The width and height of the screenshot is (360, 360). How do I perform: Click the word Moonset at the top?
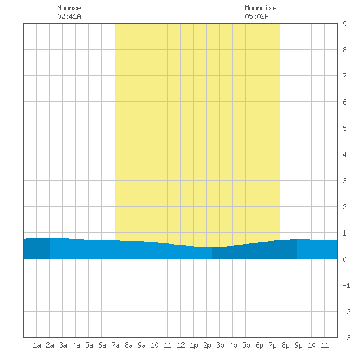pos(71,8)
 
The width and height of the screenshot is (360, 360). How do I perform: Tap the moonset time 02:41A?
pos(69,16)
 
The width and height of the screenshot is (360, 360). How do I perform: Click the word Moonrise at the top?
pos(261,8)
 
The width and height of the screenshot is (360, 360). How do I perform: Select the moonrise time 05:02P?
pos(257,16)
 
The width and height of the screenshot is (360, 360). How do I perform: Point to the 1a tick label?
pos(37,345)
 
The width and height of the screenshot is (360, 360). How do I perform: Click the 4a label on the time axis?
pos(76,345)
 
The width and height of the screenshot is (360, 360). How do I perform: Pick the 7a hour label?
pos(115,345)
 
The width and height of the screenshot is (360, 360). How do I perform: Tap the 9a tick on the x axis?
pos(141,345)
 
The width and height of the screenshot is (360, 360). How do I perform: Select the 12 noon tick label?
pos(181,345)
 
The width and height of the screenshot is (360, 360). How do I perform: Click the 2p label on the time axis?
pos(207,345)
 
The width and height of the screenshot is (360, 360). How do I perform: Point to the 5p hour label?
pos(246,345)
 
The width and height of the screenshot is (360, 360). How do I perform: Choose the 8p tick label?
pos(285,345)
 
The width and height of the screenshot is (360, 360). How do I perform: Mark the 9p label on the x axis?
pos(298,345)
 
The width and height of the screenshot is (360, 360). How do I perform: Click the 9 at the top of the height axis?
pos(344,24)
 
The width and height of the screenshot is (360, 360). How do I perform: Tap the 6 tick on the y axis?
pos(344,102)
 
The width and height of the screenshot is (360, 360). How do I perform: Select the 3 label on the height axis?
pos(344,181)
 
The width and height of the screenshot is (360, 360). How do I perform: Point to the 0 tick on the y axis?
pos(344,259)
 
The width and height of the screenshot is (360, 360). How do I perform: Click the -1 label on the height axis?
pos(346,285)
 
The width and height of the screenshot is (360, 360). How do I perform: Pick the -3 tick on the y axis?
pos(346,338)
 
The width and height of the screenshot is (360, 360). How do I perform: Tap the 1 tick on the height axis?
pos(344,233)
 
